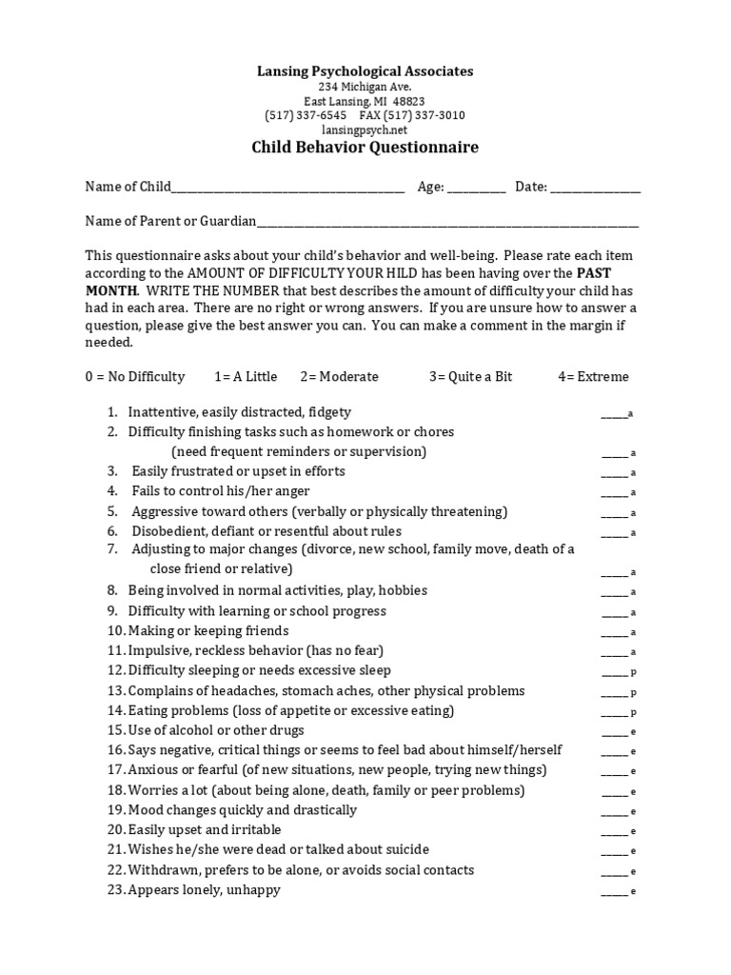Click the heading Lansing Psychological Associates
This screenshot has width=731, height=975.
tap(365, 71)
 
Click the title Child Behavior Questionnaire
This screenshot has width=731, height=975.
tap(365, 148)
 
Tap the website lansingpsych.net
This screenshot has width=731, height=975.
tap(365, 129)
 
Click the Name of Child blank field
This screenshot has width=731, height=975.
tap(287, 189)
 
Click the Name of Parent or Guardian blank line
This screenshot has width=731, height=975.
tap(447, 223)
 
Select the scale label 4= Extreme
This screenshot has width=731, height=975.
tap(593, 376)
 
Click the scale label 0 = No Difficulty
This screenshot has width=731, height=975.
tap(135, 376)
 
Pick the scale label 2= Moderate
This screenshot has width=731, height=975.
tap(339, 376)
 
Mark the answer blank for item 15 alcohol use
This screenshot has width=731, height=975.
tap(614, 732)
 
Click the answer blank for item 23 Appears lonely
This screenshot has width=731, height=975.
tap(614, 891)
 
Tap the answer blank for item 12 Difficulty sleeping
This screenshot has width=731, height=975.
tap(614, 672)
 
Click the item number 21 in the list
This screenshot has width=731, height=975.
tap(116, 849)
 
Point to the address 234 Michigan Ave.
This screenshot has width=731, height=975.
tap(365, 87)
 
